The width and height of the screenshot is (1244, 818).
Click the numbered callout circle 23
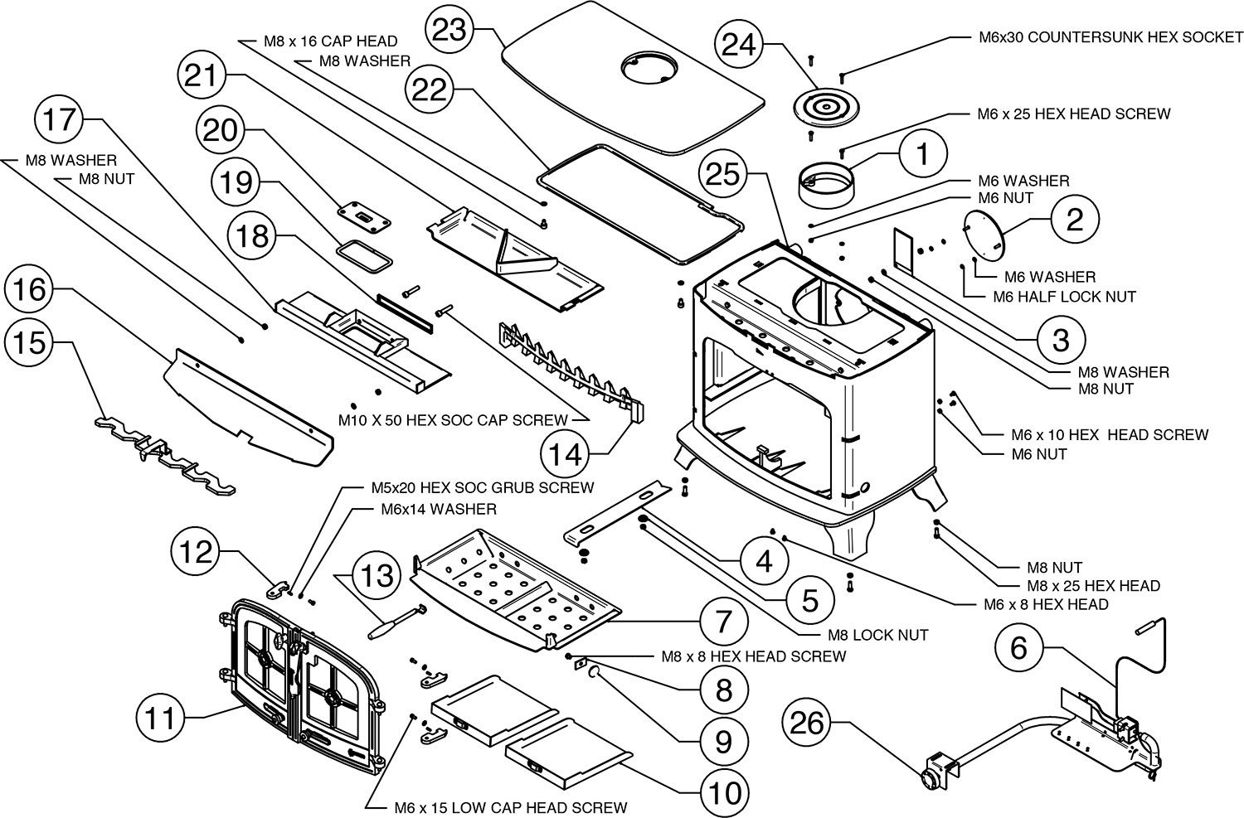pyautogui.click(x=449, y=29)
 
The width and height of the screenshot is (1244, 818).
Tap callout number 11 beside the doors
pyautogui.click(x=160, y=719)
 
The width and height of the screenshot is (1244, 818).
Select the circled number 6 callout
pyautogui.click(x=1019, y=647)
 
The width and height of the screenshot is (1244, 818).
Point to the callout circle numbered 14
pyautogui.click(x=565, y=454)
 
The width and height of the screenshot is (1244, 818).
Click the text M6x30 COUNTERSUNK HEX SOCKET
pyautogui.click(x=1110, y=37)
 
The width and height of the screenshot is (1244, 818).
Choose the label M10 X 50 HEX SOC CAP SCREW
pyautogui.click(x=453, y=420)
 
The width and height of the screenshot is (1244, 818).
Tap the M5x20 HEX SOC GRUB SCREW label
pyautogui.click(x=483, y=488)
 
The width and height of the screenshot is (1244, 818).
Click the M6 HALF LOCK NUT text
pyautogui.click(x=1064, y=297)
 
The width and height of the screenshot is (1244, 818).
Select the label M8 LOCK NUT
pyautogui.click(x=878, y=635)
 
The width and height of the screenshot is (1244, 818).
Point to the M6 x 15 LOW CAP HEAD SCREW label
pyautogui.click(x=511, y=807)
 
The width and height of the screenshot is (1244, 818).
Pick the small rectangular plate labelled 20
pyautogui.click(x=364, y=217)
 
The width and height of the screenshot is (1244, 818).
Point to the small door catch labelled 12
pyautogui.click(x=279, y=589)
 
